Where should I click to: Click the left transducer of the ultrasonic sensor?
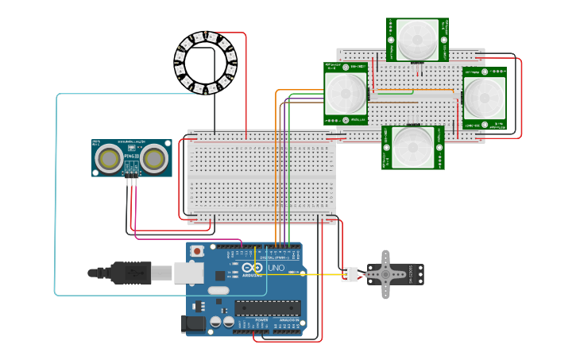pos(109,159)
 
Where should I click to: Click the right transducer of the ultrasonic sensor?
pos(153,159)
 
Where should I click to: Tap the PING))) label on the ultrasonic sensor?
pos(131,157)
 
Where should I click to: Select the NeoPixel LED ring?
pos(206,62)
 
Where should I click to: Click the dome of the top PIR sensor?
pos(417,39)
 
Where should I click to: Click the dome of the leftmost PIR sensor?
pos(346,94)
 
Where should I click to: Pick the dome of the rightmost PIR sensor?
pos(484,97)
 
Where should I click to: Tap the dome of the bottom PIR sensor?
pos(413,146)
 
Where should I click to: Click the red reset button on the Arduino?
pos(197,251)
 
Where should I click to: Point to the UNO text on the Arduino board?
pos(276,269)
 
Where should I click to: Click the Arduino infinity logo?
pos(253,268)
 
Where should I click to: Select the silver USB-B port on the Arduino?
pos(188,273)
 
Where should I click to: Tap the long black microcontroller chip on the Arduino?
pos(267,307)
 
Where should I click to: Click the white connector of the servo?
pos(350,274)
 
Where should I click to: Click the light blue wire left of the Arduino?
pos(56,199)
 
